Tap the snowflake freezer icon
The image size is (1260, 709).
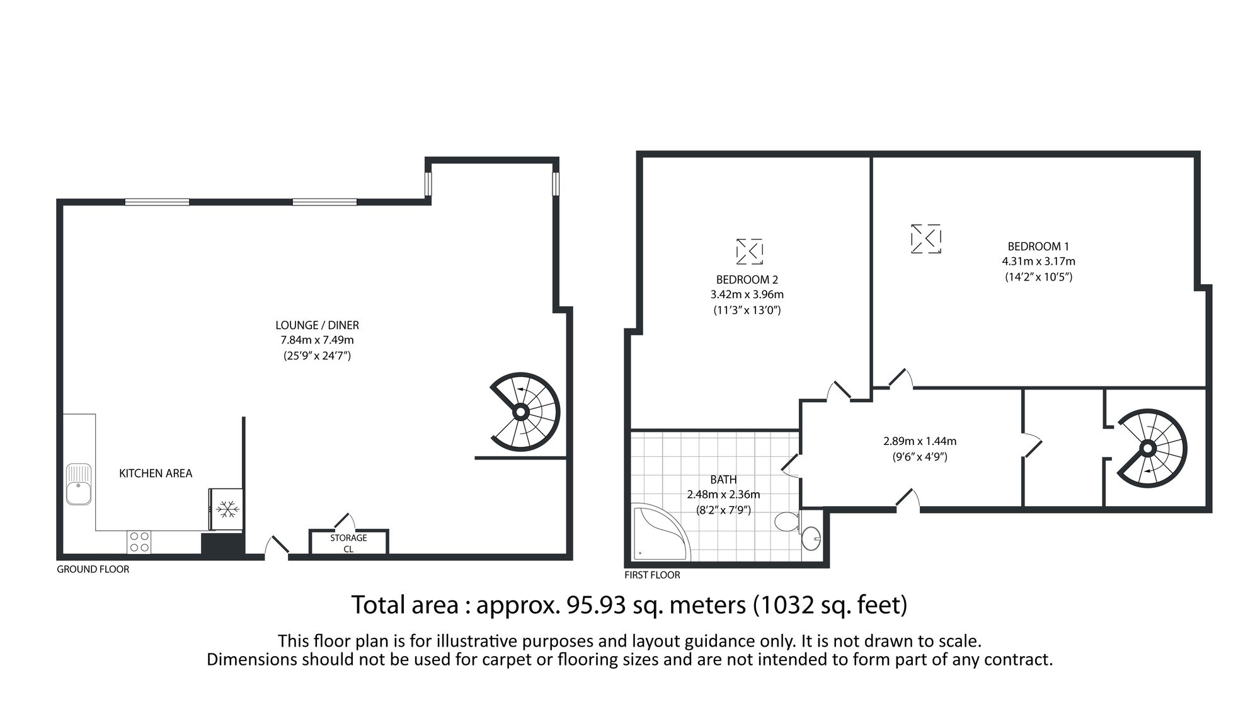point(226,509)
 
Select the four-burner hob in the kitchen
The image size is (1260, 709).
point(139,542)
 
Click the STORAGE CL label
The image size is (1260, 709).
point(348,543)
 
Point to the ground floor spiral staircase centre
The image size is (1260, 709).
point(520,412)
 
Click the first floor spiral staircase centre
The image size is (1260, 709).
point(1147,449)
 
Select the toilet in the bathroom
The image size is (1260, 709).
point(786,522)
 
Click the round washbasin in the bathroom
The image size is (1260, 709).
point(811,538)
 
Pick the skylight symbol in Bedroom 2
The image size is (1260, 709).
point(750,251)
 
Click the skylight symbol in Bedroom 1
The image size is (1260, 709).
point(925,239)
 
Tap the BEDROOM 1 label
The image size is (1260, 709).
point(1038,246)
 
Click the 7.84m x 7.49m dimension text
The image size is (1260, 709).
point(317,340)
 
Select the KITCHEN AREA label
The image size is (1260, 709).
point(156,473)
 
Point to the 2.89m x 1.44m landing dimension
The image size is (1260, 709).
point(919,441)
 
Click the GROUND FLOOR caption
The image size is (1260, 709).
point(93,569)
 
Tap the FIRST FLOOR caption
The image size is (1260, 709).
point(652,575)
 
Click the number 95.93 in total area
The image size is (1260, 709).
point(596,605)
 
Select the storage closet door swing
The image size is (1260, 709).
point(345,521)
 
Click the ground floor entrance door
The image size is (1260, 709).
point(276,547)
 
